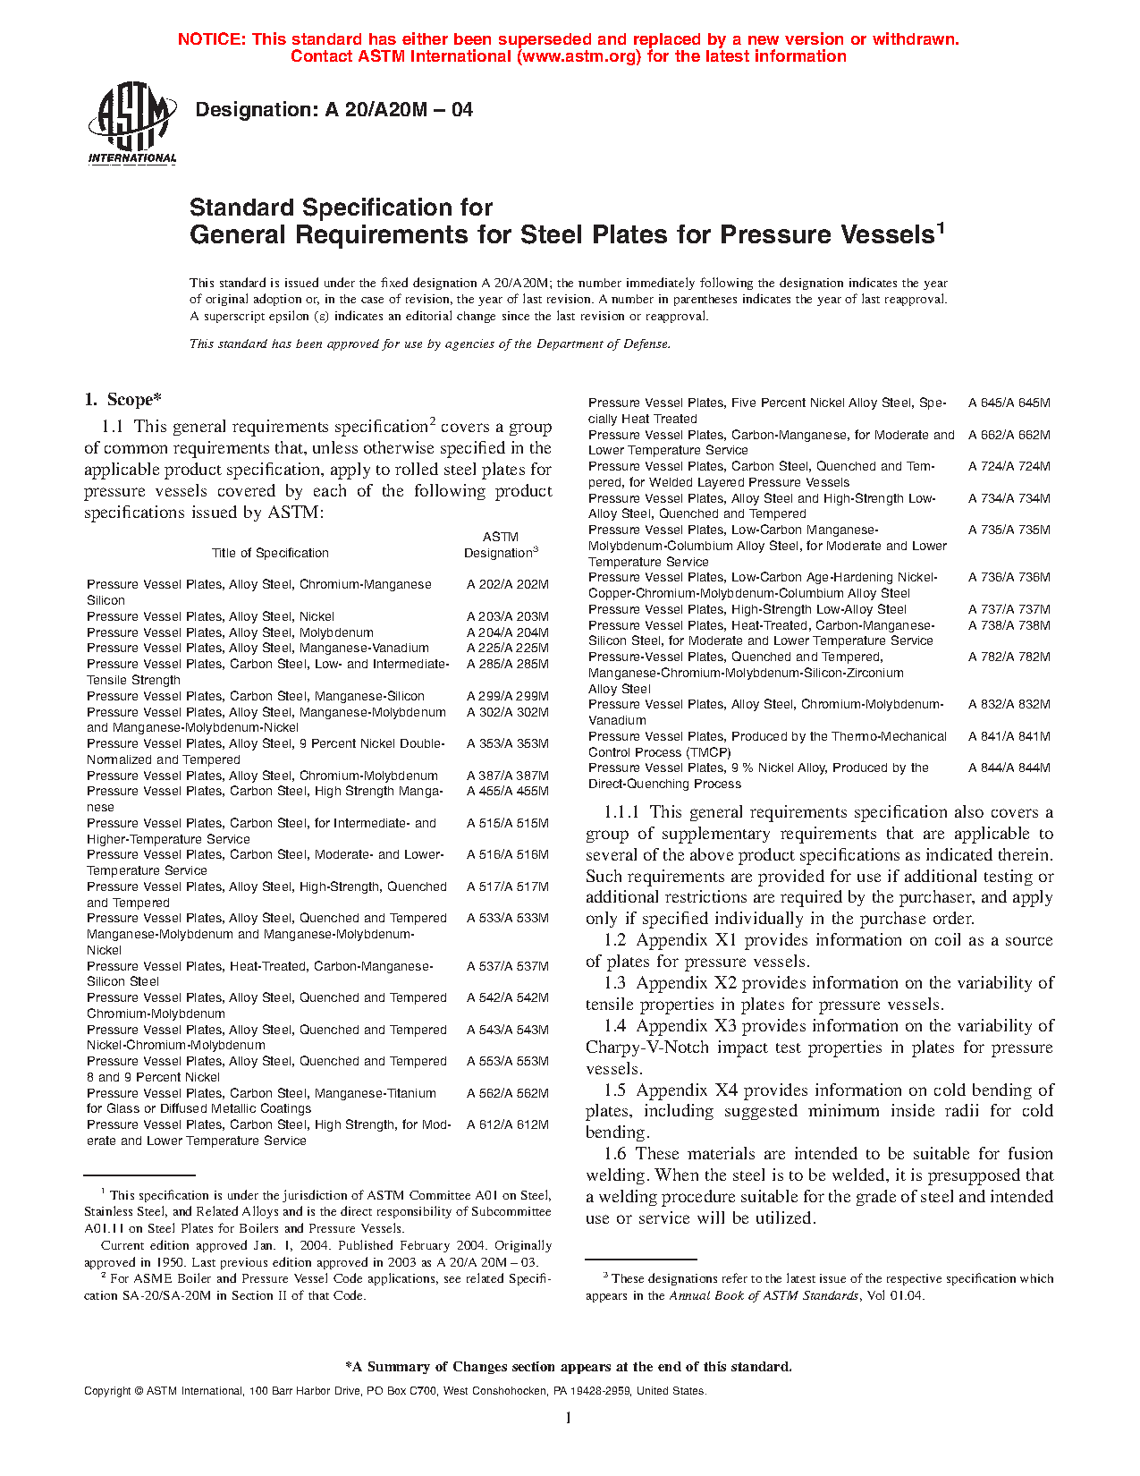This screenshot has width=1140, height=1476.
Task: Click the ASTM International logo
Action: pos(132,124)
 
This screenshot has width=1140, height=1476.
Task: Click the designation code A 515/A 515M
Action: pos(507,823)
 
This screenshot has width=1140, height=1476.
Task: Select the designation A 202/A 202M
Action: pos(507,584)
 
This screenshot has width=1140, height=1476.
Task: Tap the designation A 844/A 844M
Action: pos(1009,768)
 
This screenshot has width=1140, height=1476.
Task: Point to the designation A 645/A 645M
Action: pos(1009,403)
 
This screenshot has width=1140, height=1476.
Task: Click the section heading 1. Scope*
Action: pos(122,400)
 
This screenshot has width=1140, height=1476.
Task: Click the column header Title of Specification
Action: pos(270,553)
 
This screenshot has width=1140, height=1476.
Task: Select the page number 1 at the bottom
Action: pos(568,1417)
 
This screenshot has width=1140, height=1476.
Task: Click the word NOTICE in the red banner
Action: pos(211,39)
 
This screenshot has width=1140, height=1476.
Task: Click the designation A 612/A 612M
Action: pos(507,1124)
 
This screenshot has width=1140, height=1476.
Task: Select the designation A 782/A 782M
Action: pos(1009,657)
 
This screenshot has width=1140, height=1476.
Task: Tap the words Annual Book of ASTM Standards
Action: pos(764,1295)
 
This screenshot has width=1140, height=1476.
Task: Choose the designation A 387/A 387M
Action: pos(507,776)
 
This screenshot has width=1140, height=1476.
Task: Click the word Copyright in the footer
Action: pos(107,1391)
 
